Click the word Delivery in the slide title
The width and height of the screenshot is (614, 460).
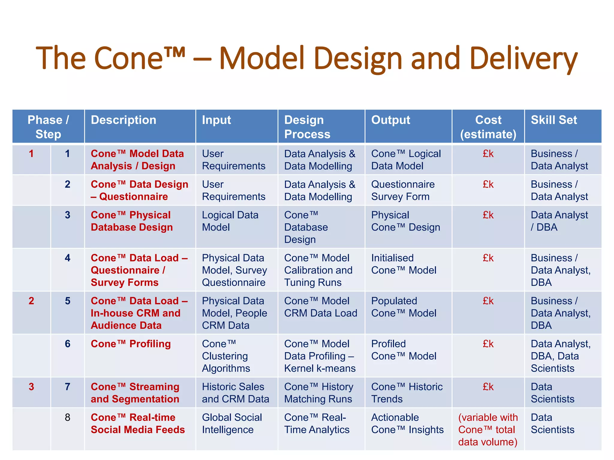(523, 59)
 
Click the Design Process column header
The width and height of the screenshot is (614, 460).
(307, 127)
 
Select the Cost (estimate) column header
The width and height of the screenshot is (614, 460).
(488, 127)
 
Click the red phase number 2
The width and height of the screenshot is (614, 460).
(31, 301)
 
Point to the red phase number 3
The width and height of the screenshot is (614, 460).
(31, 387)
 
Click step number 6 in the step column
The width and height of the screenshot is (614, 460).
(67, 344)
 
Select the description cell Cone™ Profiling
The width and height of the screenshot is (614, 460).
(131, 344)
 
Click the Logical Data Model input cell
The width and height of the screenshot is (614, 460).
(230, 221)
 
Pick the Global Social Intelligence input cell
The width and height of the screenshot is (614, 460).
(232, 423)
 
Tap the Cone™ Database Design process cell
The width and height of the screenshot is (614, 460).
(306, 227)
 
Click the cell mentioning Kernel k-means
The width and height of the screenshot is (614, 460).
(320, 356)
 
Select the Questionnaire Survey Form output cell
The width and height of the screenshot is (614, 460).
(403, 190)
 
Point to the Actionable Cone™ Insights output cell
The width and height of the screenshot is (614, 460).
(407, 423)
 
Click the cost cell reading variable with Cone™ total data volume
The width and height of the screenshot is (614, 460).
(488, 429)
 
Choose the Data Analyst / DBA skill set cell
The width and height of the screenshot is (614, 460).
(559, 221)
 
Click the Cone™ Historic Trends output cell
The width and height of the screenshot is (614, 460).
(407, 393)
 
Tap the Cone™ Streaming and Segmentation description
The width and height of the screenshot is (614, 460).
(135, 393)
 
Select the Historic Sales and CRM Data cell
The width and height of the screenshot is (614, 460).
(235, 393)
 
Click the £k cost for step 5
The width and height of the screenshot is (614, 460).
(488, 301)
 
